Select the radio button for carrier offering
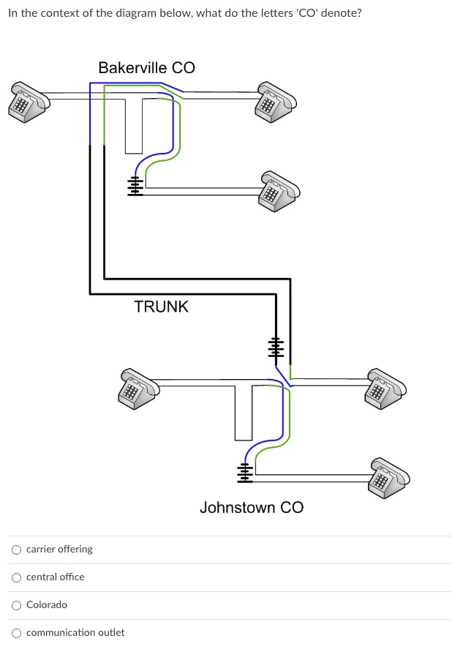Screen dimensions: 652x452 click(16, 550)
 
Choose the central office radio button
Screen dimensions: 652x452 click(16, 577)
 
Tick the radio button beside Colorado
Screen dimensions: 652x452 click(16, 605)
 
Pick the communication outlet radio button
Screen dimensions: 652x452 click(16, 633)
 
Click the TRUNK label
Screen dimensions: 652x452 click(161, 307)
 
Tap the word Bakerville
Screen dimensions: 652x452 click(132, 68)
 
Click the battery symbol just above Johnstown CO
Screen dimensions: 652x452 click(245, 473)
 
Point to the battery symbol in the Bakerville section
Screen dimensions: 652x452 click(135, 186)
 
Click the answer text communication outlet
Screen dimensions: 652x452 click(75, 633)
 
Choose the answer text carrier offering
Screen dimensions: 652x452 click(59, 550)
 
